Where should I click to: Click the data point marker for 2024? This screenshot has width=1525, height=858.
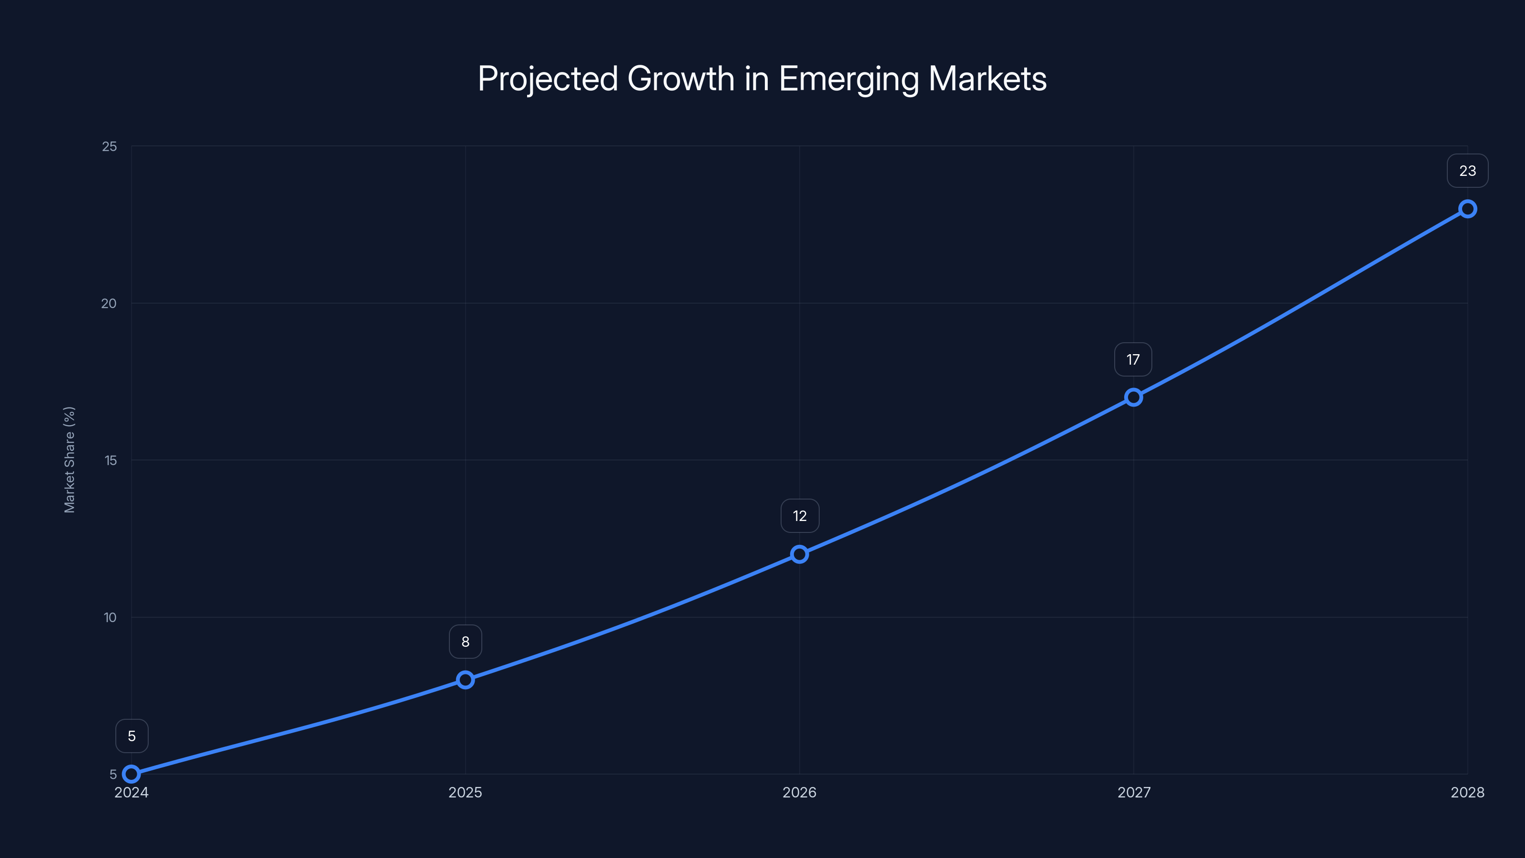pos(132,774)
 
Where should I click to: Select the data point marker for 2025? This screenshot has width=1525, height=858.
pos(465,680)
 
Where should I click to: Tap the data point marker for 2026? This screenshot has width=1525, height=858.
pos(799,554)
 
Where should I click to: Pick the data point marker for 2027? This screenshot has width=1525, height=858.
pos(1133,398)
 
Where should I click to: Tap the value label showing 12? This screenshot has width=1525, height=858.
pos(799,516)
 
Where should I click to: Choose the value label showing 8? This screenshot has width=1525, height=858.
pos(465,642)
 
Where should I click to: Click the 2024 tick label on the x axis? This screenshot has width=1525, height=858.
pos(132,793)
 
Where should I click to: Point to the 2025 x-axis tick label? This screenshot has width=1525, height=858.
pos(465,793)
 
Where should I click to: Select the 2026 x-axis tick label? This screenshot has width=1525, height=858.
pos(799,793)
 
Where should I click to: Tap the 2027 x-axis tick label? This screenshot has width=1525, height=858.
pos(1134,793)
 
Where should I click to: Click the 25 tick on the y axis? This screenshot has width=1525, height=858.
pos(110,146)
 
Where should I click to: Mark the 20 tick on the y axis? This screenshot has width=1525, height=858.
pos(109,304)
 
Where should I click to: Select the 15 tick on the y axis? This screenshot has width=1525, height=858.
pos(110,460)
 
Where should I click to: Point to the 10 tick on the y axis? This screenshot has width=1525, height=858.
pos(110,618)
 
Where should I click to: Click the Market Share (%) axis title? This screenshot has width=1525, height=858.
pos(69,460)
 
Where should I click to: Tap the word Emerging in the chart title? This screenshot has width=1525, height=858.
pos(849,79)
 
